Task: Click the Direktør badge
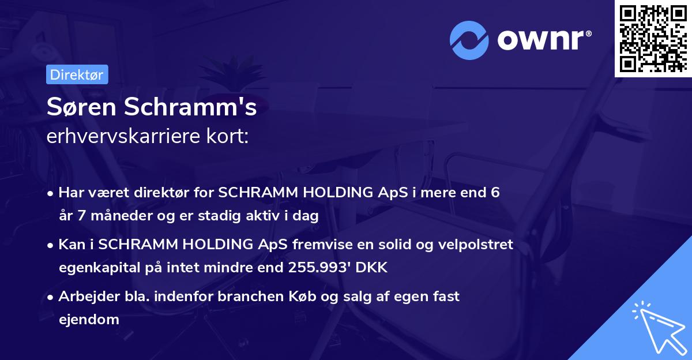click(x=77, y=74)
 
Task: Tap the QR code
click(x=652, y=38)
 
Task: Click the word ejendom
click(x=89, y=319)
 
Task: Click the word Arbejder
click(x=83, y=297)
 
